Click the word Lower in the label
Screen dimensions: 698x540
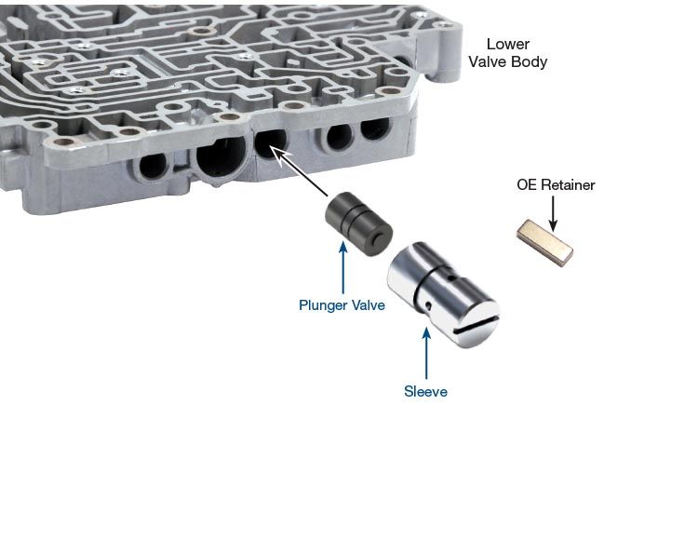click(508, 44)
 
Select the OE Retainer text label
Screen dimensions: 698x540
click(556, 184)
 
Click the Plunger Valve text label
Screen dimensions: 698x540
click(342, 305)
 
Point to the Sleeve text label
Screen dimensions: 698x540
click(425, 391)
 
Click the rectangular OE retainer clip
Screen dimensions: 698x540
click(544, 243)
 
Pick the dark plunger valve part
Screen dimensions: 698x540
click(358, 224)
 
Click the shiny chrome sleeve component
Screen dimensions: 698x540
click(443, 295)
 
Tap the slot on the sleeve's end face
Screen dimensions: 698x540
click(475, 321)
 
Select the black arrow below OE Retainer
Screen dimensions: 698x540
click(553, 214)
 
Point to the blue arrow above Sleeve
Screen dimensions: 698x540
click(426, 354)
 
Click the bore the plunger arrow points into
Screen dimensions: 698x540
click(270, 142)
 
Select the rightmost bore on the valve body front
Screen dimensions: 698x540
click(375, 128)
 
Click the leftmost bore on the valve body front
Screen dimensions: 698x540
click(153, 166)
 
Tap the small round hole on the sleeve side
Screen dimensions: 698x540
click(428, 305)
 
